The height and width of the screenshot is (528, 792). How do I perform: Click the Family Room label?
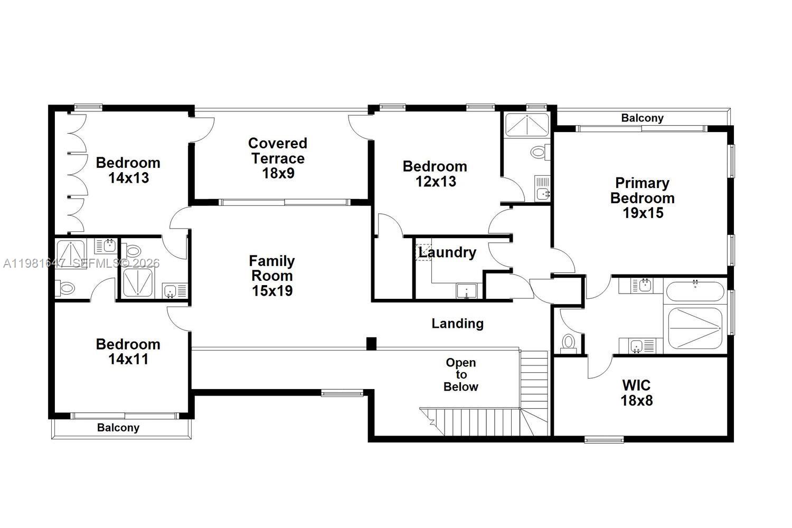click(272, 276)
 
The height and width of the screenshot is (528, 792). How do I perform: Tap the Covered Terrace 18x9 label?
click(278, 158)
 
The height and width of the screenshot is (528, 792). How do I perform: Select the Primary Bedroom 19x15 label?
click(642, 198)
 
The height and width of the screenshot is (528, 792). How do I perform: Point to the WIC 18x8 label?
click(636, 393)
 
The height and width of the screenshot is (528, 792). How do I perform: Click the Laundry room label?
click(447, 252)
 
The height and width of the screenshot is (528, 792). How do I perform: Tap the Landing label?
click(457, 323)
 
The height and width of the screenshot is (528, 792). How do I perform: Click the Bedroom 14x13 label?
click(128, 170)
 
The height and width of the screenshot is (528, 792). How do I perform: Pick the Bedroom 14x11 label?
click(128, 352)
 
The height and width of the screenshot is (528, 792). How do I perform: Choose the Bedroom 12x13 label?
click(435, 174)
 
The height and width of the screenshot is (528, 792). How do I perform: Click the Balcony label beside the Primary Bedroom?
click(642, 118)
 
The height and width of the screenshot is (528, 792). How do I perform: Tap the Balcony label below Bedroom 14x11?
click(118, 428)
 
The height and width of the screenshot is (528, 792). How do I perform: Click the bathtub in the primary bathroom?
click(694, 291)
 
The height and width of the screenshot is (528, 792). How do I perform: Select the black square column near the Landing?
click(371, 343)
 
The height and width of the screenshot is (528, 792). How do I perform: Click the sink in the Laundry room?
click(466, 291)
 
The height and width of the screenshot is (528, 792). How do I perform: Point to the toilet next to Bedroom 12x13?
click(539, 153)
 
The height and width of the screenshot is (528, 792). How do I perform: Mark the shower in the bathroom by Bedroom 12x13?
click(526, 124)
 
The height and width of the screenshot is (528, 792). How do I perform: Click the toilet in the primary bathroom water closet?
click(568, 342)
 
